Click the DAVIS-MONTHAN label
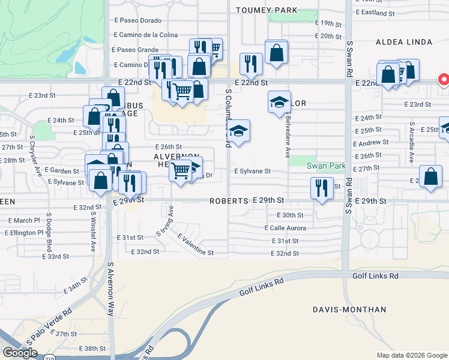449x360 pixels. pos(349,310)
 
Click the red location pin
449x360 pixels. pos(444,80)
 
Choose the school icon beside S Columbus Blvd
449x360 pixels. pos(238,131)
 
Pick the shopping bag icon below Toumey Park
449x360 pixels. pos(276,52)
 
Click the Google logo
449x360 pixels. pos(20,353)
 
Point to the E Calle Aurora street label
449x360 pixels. pos(286,228)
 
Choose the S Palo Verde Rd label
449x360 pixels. pos(50,326)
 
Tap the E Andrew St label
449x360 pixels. pos(371,143)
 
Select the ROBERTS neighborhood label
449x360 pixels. pos(229,201)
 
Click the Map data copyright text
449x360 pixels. pos(411,355)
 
